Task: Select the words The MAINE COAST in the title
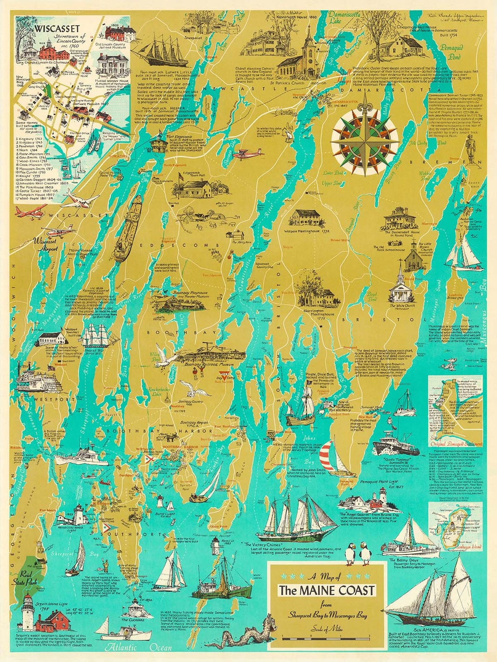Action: pyautogui.click(x=327, y=591)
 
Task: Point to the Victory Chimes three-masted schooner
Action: pyautogui.click(x=296, y=519)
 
